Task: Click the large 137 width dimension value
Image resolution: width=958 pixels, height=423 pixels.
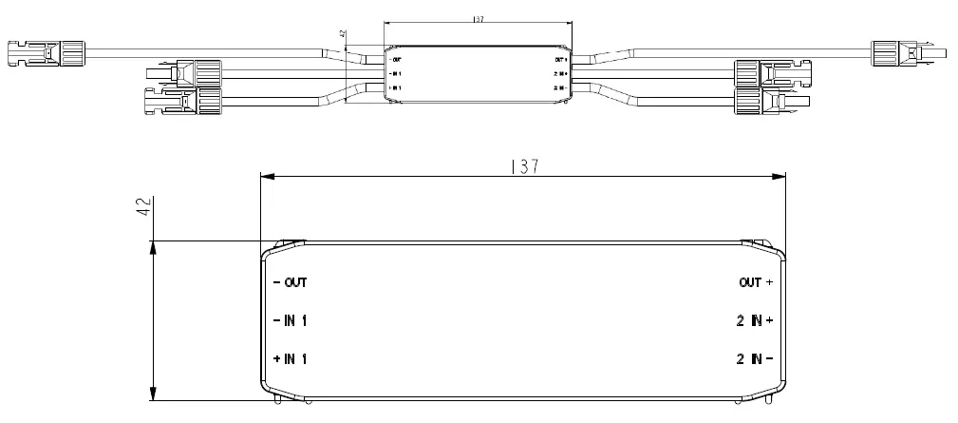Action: [523, 166]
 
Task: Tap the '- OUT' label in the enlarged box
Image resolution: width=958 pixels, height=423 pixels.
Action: [290, 282]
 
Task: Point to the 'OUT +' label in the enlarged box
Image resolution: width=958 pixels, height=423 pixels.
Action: [756, 282]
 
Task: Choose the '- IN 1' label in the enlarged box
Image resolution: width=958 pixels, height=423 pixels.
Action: [290, 320]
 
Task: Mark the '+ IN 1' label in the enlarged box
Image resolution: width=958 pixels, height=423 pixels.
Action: [290, 358]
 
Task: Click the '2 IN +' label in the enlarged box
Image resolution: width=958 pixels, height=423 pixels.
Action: [755, 320]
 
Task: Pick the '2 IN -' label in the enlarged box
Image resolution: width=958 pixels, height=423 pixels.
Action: [755, 358]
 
